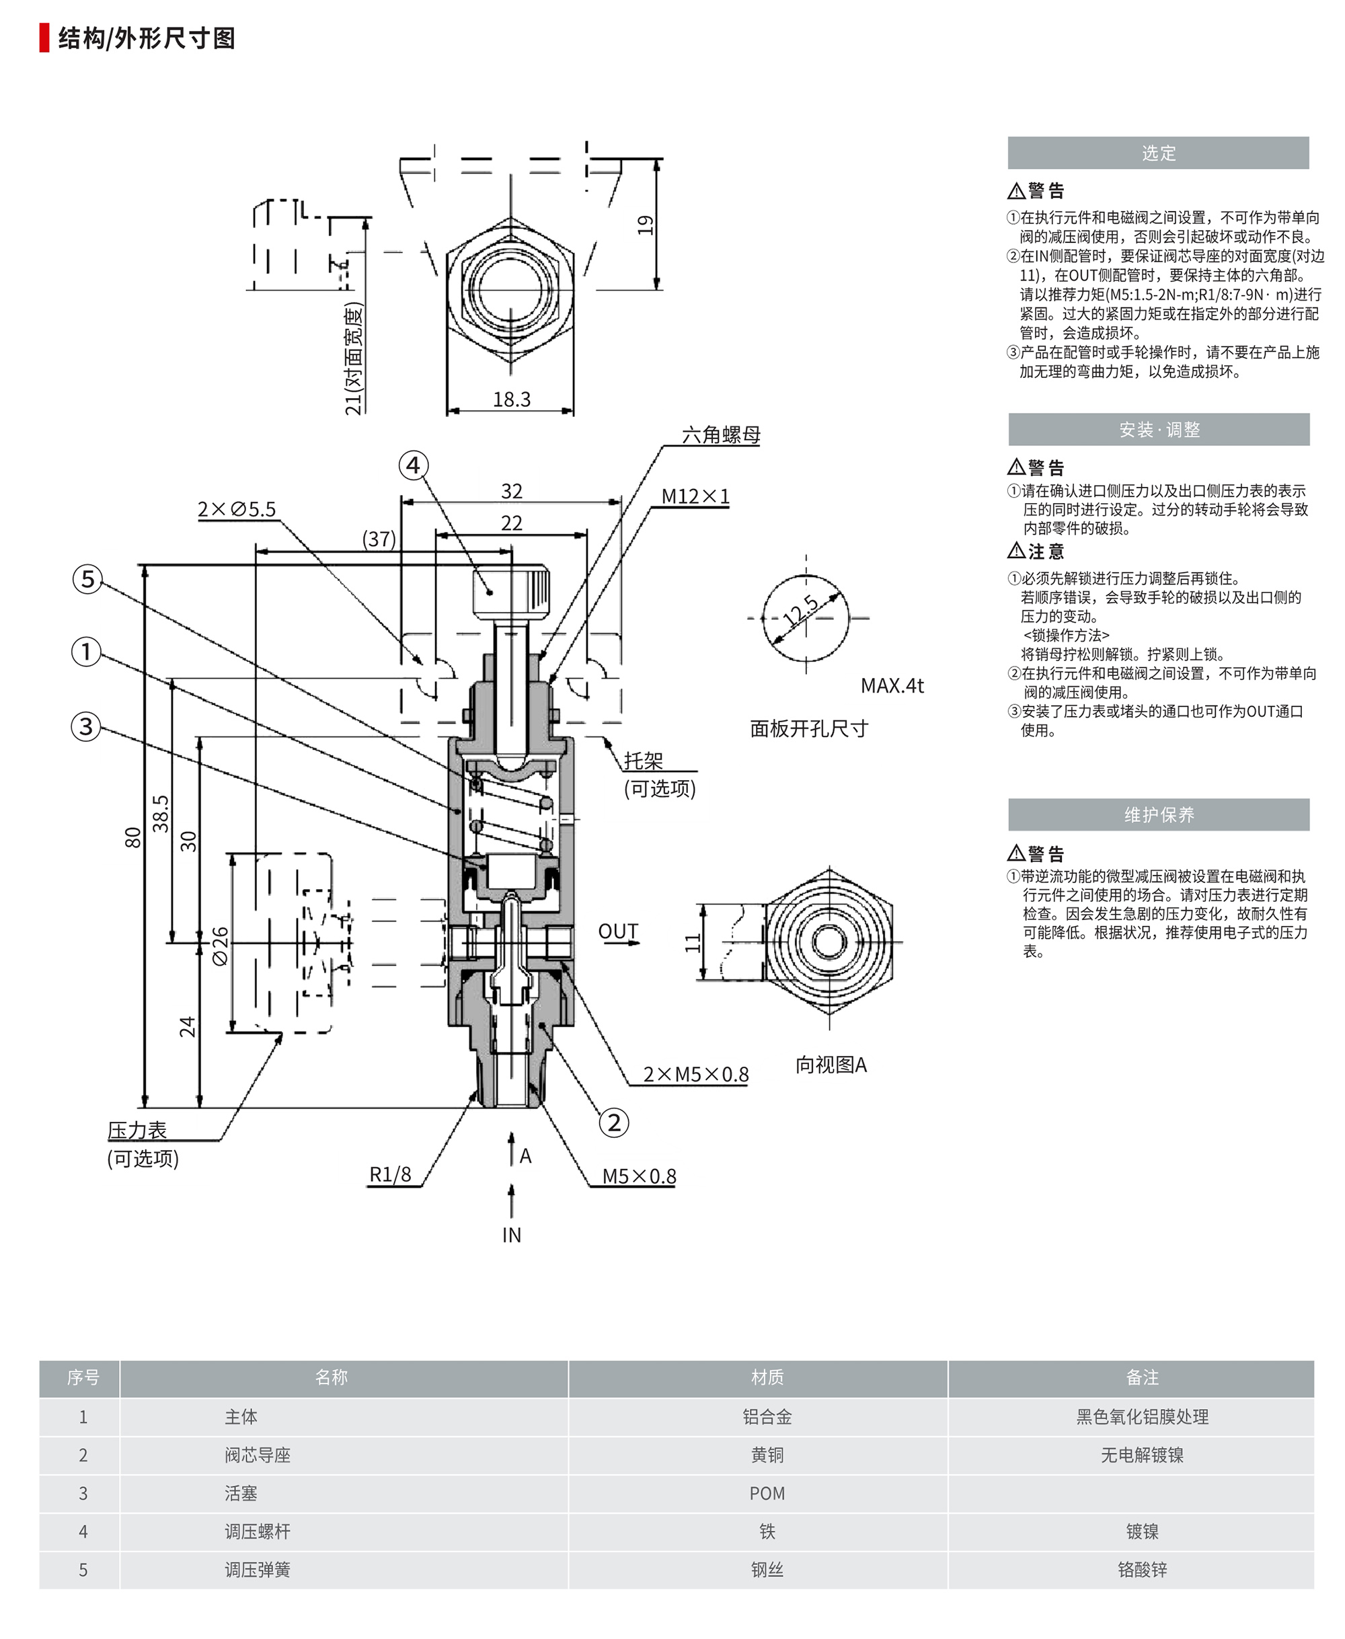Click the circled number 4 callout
pos(413,465)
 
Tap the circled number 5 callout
pos(87,579)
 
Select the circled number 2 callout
pos(613,1122)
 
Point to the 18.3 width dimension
pos(511,399)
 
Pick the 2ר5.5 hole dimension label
pos(236,509)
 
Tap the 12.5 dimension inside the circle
pos(801,611)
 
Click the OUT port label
pos(617,931)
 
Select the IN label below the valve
pos(511,1235)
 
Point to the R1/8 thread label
pos(389,1175)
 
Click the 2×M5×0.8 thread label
pos(695,1074)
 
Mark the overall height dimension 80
pos(132,837)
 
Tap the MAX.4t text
pos(892,686)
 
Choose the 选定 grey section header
pos(1157,153)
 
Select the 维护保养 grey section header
pos(1158,814)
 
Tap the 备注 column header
pos(1141,1377)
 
